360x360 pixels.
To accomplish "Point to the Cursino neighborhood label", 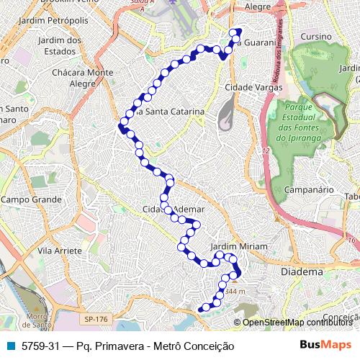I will pyautogui.click(x=316, y=36).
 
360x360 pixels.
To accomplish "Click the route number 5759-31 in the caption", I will pyautogui.click(x=41, y=346).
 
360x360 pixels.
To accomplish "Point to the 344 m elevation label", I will pyautogui.click(x=235, y=292).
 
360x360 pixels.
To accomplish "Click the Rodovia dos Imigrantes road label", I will pyautogui.click(x=276, y=60).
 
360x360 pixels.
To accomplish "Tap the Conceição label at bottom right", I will pyautogui.click(x=341, y=317).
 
